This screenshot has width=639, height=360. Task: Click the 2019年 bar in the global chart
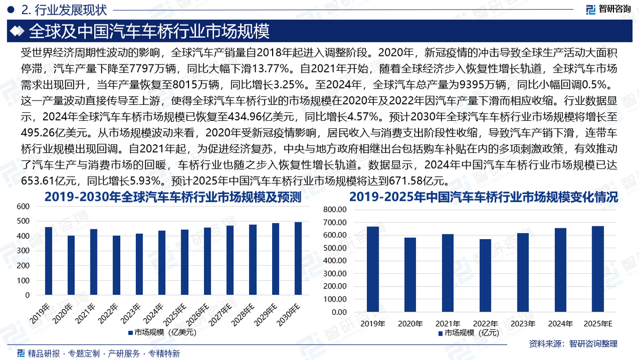pos(48,261)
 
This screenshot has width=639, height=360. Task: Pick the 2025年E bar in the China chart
pos(598,269)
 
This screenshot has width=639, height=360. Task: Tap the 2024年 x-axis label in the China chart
pos(560,323)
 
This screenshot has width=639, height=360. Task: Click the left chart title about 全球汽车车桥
pos(173,198)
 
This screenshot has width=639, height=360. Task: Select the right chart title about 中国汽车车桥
pos(484,198)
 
